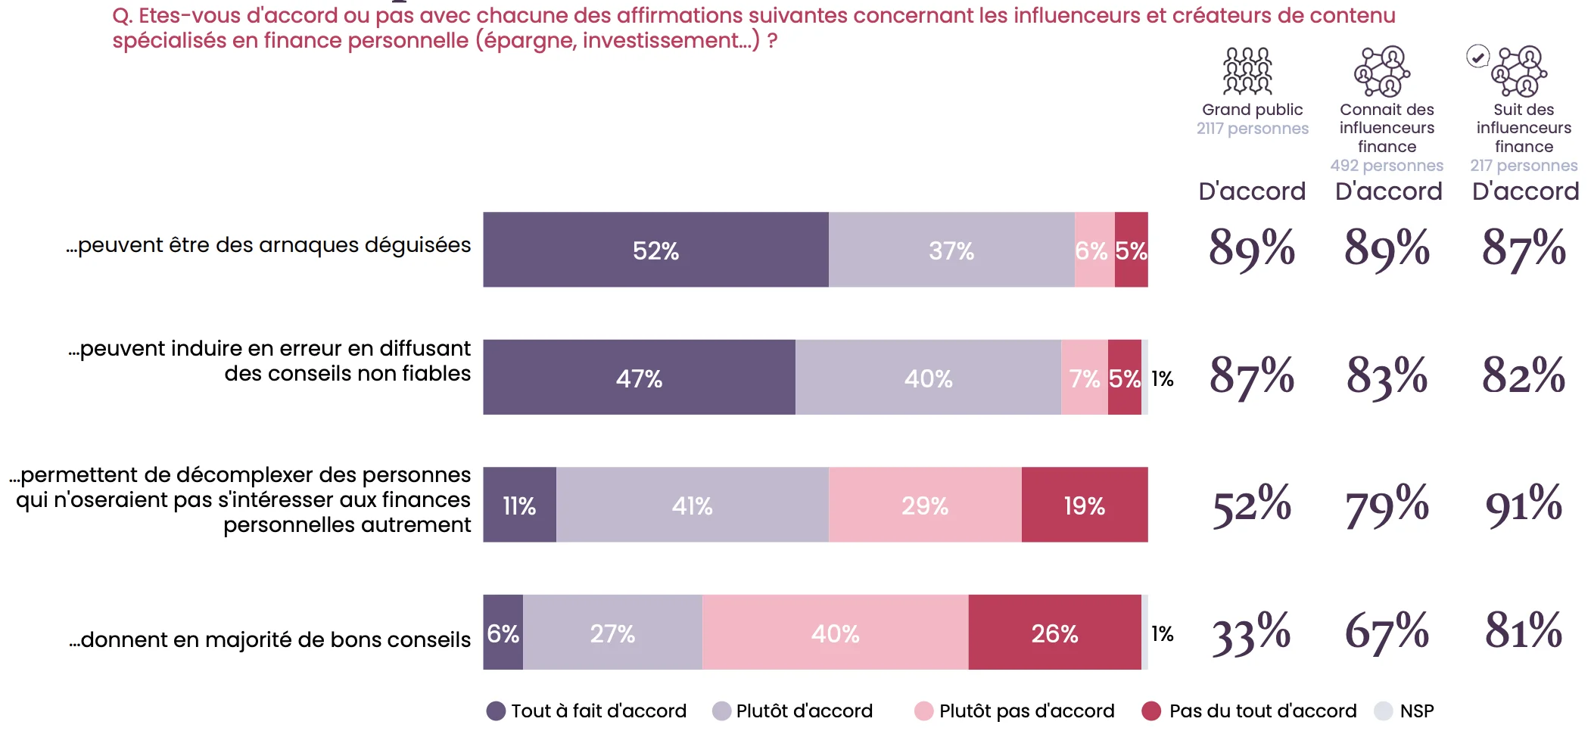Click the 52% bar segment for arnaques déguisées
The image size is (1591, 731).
point(655,250)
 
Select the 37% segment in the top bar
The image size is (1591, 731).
point(951,250)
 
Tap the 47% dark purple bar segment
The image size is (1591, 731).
point(639,377)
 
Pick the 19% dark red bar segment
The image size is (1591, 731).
point(1084,505)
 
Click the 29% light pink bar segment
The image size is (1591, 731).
point(924,505)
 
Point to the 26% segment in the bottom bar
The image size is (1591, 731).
point(1054,633)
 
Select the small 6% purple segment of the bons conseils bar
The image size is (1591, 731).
point(503,633)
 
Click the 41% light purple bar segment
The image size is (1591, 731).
point(692,505)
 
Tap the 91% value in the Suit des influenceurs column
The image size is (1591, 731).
point(1523,505)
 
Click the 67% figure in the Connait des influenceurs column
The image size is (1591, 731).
point(1387,631)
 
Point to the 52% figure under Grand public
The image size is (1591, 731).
point(1251,505)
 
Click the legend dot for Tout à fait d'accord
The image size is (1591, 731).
point(496,711)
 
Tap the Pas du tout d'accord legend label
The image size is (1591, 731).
point(1263,711)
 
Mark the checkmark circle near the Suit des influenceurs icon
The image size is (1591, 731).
point(1477,57)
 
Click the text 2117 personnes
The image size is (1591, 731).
point(1252,129)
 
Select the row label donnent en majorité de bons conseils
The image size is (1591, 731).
point(269,640)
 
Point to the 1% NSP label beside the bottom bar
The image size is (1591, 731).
point(1162,633)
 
